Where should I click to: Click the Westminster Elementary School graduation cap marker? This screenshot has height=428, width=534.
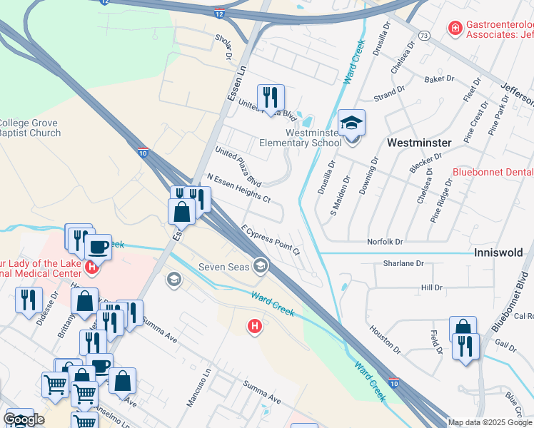351,122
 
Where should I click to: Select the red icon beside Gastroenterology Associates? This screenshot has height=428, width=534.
454,29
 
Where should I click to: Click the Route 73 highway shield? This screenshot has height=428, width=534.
424,34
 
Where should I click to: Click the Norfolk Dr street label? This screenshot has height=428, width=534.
385,242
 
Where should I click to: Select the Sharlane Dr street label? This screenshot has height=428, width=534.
403,263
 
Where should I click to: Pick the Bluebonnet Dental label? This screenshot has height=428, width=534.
493,172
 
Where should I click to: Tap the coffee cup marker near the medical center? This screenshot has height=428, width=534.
98,247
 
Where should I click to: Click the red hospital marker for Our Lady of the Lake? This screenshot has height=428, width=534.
91,267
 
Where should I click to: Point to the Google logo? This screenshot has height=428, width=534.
24,419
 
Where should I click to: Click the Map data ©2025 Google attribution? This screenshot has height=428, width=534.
490,422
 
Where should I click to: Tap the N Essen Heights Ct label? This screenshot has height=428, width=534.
238,188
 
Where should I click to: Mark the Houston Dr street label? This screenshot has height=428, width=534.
386,340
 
